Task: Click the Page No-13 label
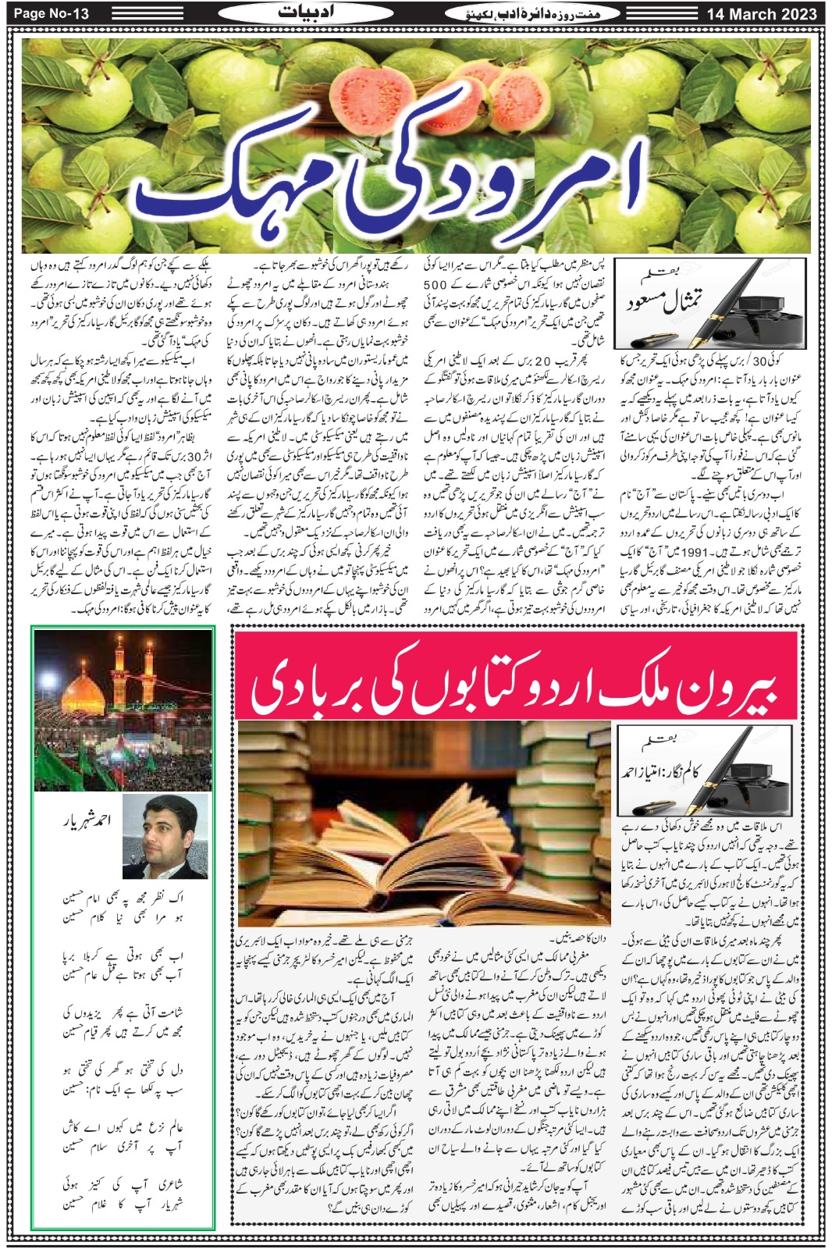[x=52, y=13]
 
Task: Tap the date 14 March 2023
[x=762, y=14]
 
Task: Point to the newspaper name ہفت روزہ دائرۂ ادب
[x=532, y=13]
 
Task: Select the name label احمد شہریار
[x=88, y=820]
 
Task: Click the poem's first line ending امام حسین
[x=123, y=900]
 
